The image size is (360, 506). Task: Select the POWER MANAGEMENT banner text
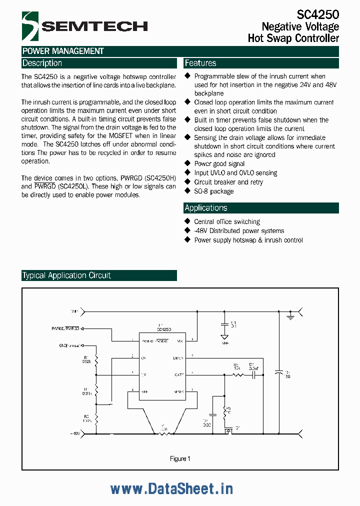63,51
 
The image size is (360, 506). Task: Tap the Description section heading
42,63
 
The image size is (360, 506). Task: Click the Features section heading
200,63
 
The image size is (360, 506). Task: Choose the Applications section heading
205,208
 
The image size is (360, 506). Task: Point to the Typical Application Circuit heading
66,275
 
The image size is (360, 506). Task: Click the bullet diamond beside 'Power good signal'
188,163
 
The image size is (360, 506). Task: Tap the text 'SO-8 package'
213,191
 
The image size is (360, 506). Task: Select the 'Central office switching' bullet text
227,221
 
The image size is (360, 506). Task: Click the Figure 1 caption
180,458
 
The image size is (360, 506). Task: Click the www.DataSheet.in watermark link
171,488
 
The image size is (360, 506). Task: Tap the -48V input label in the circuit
75,433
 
